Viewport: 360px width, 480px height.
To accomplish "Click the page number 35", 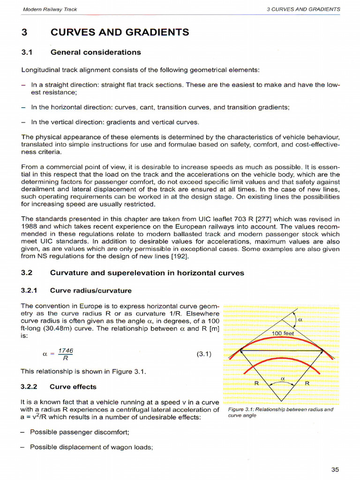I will point(335,470).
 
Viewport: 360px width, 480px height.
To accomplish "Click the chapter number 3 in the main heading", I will point(25,32).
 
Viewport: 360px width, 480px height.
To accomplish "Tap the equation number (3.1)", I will point(204,354).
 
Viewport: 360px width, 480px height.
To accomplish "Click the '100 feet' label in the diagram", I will point(283,333).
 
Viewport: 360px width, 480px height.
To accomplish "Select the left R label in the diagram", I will point(256,383).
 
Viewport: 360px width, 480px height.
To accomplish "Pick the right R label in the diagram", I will point(307,383).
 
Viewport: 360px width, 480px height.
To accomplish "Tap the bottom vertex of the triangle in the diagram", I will point(281,402).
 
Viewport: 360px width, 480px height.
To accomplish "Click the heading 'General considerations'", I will point(96,52).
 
